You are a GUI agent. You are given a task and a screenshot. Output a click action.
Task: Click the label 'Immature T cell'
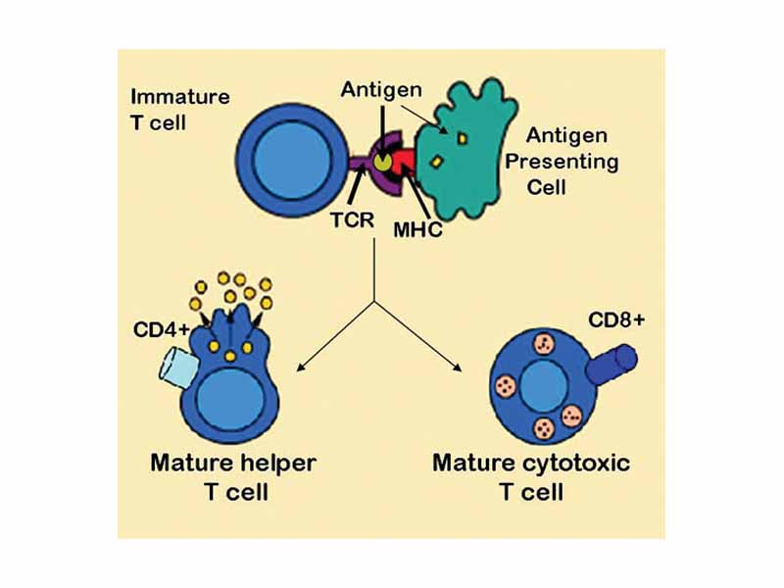point(179,109)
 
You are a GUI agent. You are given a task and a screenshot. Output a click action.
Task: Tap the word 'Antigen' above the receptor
point(381,90)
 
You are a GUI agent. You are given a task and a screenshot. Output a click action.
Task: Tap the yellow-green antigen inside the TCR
point(381,161)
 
